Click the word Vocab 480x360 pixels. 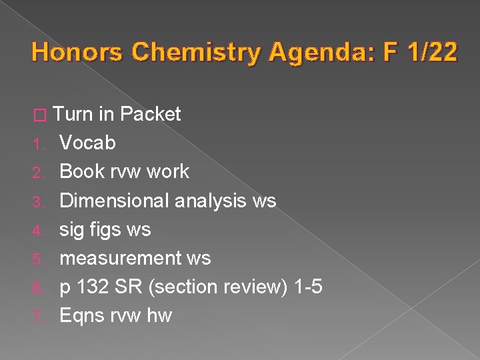coord(87,143)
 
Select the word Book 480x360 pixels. coord(81,171)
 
